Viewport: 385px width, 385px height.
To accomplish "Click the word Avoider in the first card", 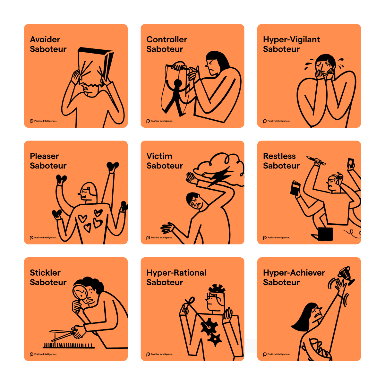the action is click(45, 39).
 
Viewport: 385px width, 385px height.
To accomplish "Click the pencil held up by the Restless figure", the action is click(316, 161).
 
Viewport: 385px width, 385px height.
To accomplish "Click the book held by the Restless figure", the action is click(295, 188).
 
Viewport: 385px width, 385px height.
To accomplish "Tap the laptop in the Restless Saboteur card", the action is click(324, 234).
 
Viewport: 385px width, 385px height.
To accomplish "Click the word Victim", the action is click(159, 156).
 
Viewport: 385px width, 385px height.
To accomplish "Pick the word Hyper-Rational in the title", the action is click(176, 273).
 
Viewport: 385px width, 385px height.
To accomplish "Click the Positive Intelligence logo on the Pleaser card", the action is click(43, 237).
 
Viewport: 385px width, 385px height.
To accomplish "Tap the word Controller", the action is click(167, 39).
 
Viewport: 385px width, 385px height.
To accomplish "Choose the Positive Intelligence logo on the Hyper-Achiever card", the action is click(277, 354).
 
